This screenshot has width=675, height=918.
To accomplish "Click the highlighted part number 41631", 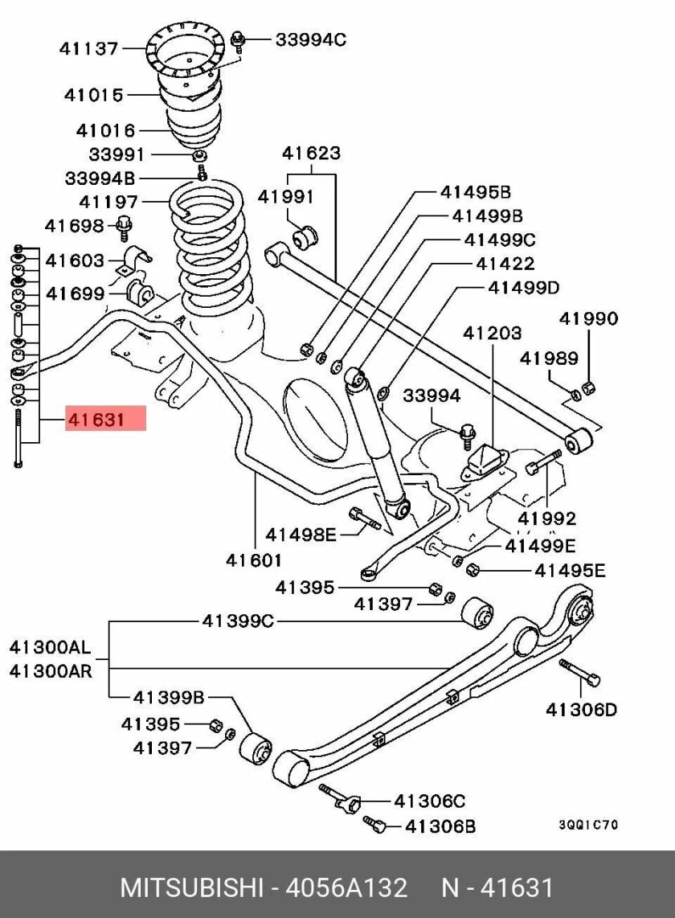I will tap(96, 419).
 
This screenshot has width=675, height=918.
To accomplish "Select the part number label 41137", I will tap(88, 49).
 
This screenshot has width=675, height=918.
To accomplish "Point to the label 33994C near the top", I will tap(310, 39).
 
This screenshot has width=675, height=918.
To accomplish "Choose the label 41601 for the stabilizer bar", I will tap(253, 559).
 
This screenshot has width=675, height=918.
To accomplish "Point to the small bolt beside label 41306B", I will tap(375, 823).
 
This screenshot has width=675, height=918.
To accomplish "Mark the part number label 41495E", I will tap(571, 570).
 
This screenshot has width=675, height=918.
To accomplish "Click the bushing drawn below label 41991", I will tap(306, 236).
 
